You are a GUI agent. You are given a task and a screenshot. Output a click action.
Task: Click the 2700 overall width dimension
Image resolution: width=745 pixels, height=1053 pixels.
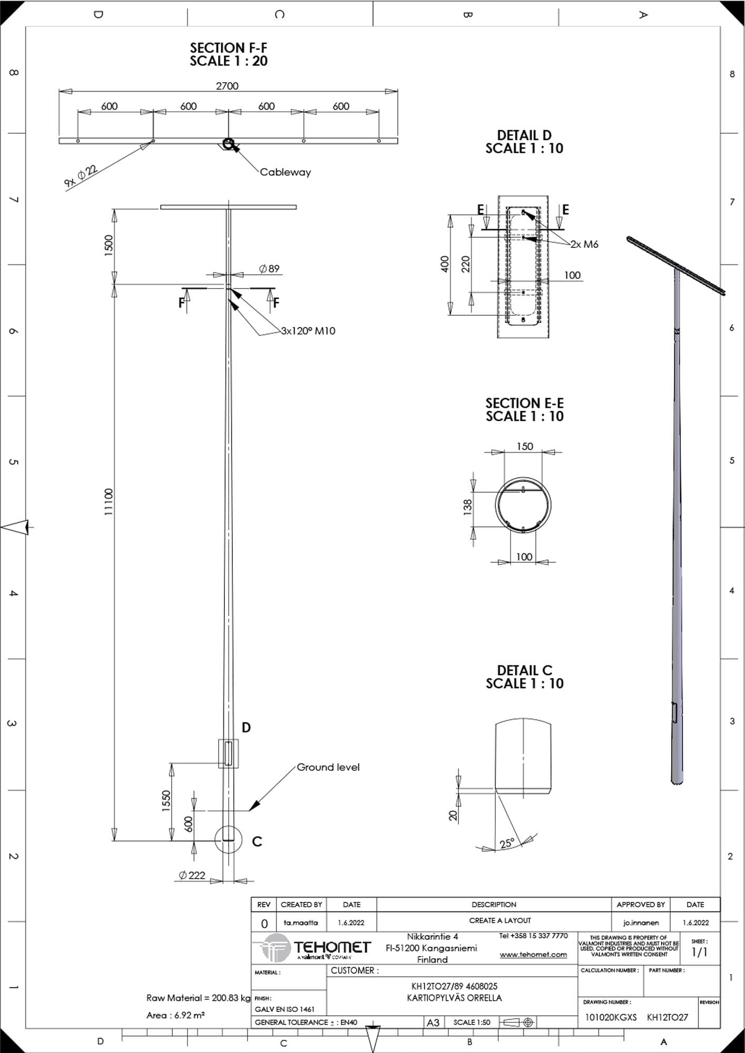[227, 86]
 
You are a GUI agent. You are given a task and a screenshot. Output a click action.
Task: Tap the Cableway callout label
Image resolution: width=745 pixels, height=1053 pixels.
[285, 172]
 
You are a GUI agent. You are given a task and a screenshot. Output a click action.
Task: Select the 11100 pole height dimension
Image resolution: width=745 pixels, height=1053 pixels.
[109, 502]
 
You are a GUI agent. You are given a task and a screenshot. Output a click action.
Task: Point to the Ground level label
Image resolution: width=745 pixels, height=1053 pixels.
[328, 767]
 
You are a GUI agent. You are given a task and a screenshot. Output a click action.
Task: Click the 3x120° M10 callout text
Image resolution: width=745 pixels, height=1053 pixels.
[308, 331]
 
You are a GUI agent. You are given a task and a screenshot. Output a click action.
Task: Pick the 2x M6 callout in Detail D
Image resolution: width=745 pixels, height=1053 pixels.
[584, 244]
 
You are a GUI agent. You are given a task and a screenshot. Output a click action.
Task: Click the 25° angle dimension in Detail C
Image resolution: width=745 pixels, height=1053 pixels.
[507, 843]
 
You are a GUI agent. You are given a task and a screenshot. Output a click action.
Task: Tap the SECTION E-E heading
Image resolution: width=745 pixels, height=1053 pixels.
[525, 403]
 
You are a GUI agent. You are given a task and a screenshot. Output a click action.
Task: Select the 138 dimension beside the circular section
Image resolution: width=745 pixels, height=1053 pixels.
[467, 507]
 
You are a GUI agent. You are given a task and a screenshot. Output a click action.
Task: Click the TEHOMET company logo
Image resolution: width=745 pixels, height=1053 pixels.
[316, 948]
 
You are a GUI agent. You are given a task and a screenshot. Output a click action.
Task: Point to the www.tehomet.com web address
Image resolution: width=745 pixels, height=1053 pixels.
[533, 955]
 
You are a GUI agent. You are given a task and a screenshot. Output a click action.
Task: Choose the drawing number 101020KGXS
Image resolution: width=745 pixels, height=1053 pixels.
[611, 1017]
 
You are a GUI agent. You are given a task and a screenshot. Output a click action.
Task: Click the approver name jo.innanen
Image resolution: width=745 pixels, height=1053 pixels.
[640, 923]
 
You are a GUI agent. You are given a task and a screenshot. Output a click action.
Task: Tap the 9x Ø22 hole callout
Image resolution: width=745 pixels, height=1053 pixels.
[81, 176]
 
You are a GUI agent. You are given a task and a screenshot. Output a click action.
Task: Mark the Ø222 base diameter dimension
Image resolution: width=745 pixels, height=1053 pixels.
[192, 875]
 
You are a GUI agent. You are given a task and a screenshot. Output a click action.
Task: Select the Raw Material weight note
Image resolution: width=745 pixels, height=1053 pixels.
[198, 998]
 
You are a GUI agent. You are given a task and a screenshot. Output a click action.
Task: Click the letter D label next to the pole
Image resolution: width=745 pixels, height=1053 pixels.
[246, 728]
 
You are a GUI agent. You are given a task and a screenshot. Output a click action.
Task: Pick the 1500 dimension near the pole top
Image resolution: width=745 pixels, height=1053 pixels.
[109, 245]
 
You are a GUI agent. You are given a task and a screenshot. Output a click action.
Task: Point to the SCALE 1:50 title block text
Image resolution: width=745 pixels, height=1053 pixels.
[472, 1022]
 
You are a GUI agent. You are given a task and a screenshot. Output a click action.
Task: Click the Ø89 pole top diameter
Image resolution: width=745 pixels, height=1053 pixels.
[269, 269]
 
